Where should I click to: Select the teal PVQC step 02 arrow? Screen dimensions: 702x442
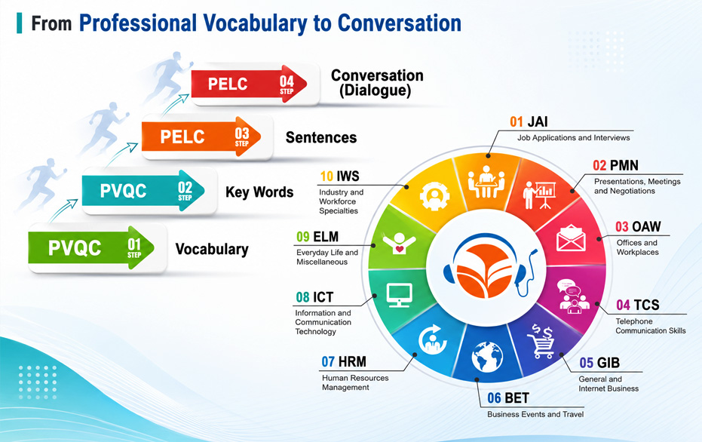tap(143, 191)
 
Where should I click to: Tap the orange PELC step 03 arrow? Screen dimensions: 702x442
tap(201, 137)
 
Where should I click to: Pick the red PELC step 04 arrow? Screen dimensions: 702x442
tap(249, 84)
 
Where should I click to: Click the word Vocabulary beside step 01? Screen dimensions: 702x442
tap(212, 249)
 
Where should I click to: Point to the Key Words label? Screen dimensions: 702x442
tap(259, 192)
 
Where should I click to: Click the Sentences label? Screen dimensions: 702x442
tap(321, 137)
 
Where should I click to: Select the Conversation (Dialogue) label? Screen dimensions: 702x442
tap(377, 83)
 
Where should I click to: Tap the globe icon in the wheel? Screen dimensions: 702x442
tap(487, 357)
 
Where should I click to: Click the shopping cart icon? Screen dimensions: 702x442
tap(541, 341)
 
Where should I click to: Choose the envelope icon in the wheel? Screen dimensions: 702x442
tap(571, 238)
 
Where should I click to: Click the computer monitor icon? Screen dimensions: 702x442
tap(399, 295)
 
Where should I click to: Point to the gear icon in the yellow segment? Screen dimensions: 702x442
tap(434, 196)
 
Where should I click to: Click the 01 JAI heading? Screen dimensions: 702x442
tap(529, 121)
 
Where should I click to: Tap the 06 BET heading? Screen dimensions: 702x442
tap(508, 397)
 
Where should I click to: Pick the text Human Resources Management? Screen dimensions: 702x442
tap(355, 382)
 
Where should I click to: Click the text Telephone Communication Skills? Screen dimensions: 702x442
tap(651, 326)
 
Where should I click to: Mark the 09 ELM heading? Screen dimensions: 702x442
tap(317, 236)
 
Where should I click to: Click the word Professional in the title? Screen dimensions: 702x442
tap(138, 23)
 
